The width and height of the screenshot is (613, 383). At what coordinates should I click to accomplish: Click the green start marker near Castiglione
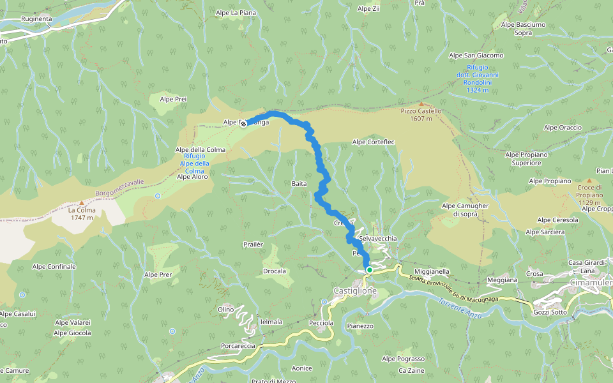(369, 270)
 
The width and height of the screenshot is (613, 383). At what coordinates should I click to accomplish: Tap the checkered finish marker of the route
(243, 124)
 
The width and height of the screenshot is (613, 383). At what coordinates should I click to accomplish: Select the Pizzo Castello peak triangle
(421, 103)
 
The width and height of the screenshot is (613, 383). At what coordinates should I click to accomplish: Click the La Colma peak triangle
(81, 202)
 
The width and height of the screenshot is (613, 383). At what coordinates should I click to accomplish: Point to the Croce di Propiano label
(590, 191)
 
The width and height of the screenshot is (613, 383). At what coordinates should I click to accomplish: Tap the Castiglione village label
(355, 291)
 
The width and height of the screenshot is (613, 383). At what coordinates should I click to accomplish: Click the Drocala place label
(275, 271)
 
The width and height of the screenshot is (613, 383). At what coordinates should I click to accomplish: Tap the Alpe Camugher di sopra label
(465, 210)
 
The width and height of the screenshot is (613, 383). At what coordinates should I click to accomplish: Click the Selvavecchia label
(378, 238)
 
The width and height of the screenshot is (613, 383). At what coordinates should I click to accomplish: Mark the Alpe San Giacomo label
(476, 56)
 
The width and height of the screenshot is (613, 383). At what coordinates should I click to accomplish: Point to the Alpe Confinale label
(54, 266)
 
